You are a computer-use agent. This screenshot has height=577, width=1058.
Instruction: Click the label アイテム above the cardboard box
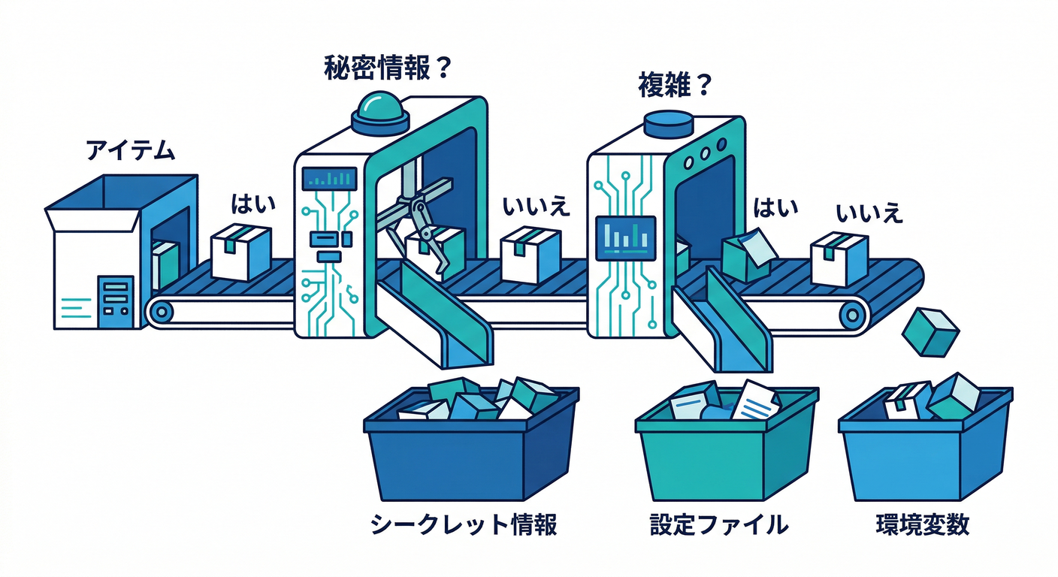[x=130, y=151]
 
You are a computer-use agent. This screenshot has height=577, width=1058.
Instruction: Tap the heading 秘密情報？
[x=386, y=69]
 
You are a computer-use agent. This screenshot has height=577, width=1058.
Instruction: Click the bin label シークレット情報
[x=464, y=524]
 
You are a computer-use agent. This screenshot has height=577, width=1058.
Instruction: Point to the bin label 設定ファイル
[x=718, y=524]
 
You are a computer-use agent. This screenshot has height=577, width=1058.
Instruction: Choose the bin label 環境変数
[x=923, y=524]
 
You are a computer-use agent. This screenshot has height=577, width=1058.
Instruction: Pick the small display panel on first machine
[x=329, y=178]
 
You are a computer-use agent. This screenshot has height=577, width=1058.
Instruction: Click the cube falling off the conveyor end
[x=930, y=331]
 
